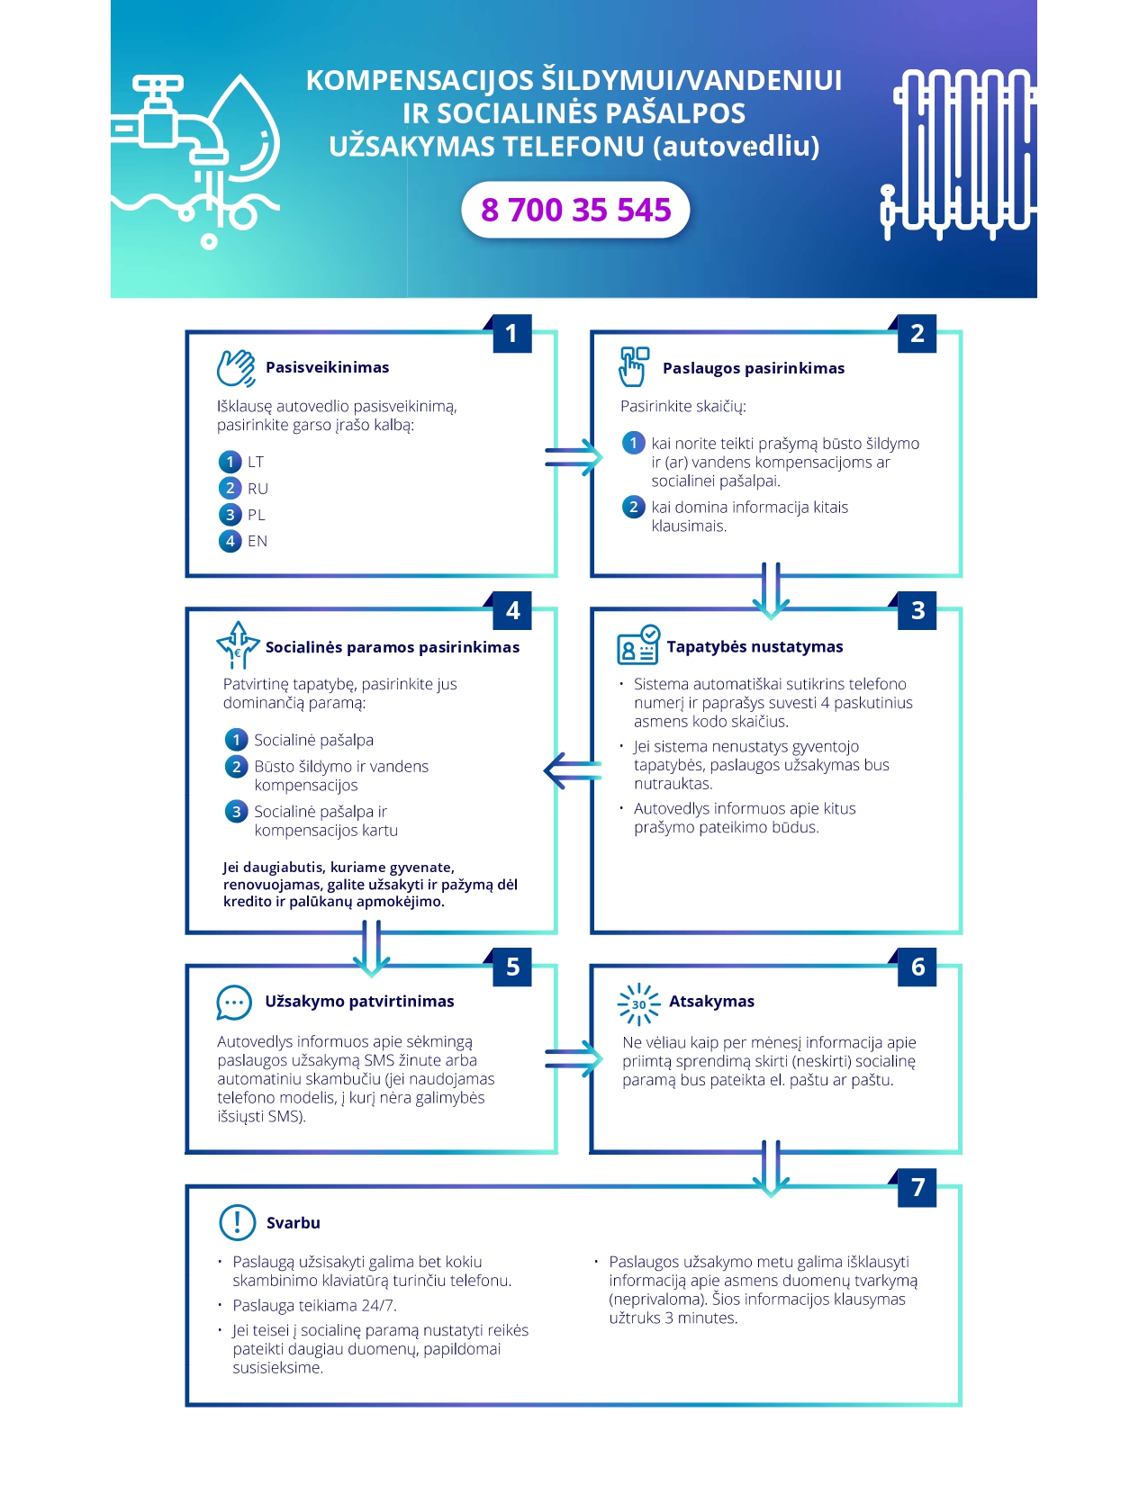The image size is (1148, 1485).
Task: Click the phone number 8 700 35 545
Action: [575, 210]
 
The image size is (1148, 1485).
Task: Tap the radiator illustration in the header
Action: [958, 155]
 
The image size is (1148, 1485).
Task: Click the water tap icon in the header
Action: [195, 161]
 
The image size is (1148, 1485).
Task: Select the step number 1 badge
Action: [511, 334]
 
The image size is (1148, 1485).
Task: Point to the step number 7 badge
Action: [917, 1187]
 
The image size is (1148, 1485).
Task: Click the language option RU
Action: [258, 489]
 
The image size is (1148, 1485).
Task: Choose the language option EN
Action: [258, 541]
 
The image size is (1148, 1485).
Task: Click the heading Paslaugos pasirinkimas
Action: [754, 368]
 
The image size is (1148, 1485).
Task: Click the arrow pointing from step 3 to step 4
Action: [573, 771]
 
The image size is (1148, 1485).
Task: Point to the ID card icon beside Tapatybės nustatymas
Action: [638, 644]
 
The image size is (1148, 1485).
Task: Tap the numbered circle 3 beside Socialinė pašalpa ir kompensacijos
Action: [236, 812]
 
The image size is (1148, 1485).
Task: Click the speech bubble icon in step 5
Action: [234, 1003]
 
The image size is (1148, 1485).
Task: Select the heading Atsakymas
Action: [711, 1001]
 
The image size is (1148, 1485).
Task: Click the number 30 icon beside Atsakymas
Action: [638, 1004]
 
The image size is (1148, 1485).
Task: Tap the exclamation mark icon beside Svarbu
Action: [238, 1222]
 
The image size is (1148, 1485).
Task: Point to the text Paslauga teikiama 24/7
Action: [314, 1305]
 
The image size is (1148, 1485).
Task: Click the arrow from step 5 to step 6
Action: [574, 1058]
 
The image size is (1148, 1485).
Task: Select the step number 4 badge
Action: [512, 610]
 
